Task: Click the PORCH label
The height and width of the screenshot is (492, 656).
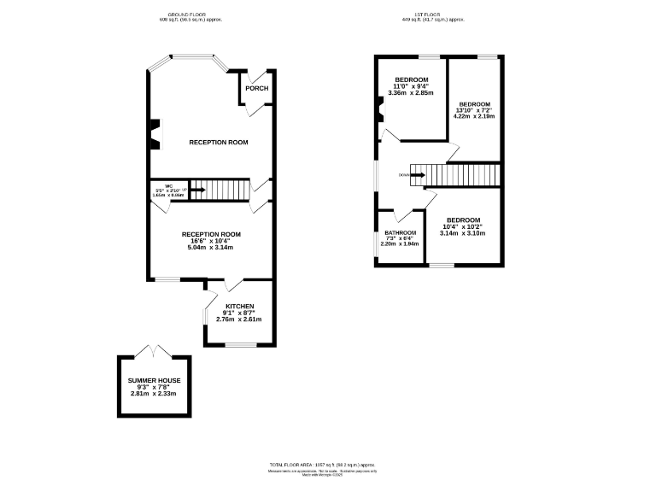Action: coord(256,89)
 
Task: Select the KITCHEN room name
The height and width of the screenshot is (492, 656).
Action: coord(239,306)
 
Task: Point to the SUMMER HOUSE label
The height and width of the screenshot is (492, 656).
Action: coord(154,380)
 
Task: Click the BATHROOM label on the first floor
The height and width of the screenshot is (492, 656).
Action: coord(400,233)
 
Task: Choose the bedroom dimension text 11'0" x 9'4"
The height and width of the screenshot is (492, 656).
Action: coord(413,86)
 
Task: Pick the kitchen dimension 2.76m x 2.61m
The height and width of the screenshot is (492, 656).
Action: coord(239,319)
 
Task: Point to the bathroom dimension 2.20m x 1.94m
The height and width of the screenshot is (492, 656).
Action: coord(400,244)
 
